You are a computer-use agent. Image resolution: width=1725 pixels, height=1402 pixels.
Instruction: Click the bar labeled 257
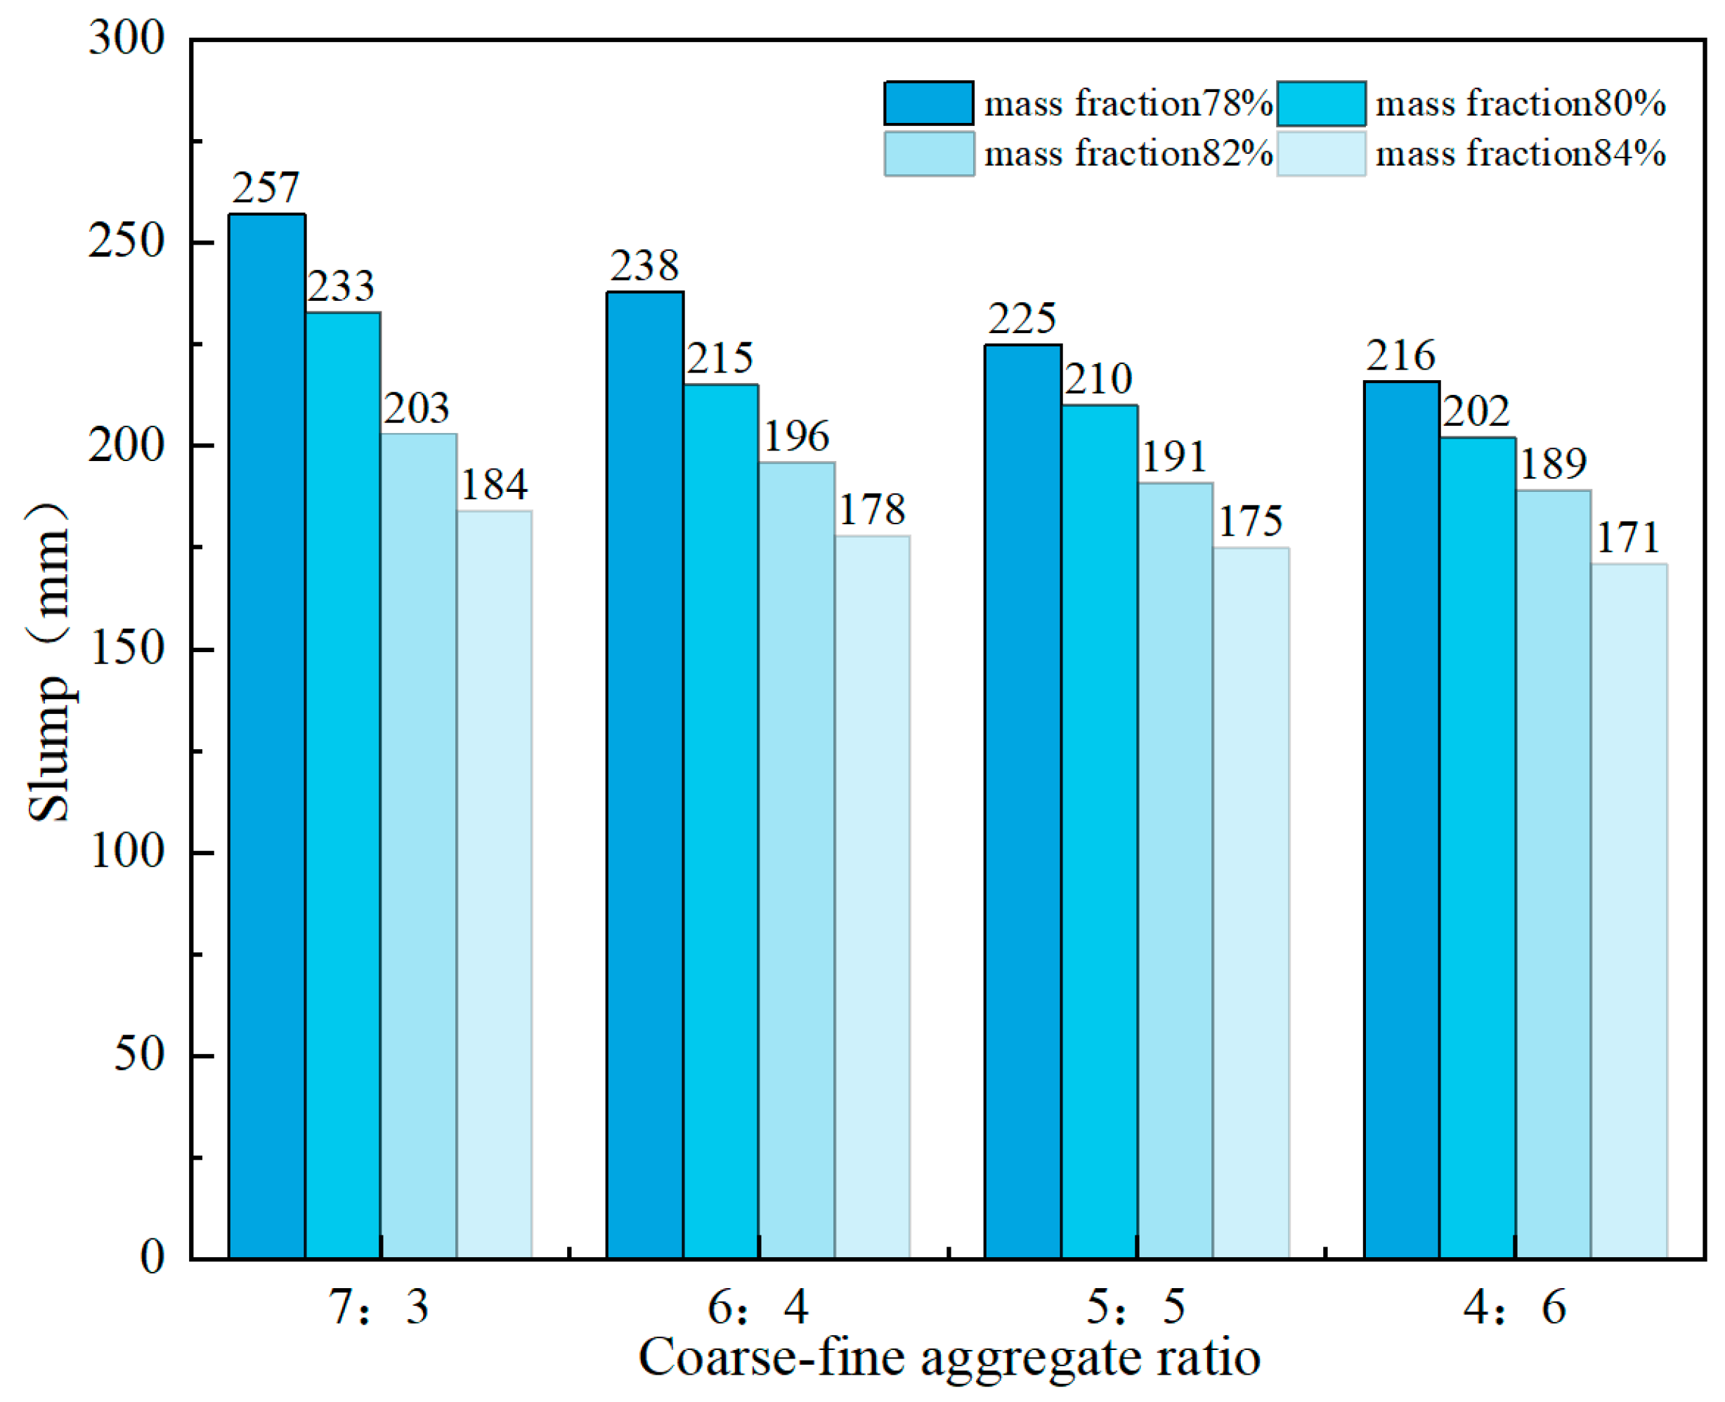point(266,735)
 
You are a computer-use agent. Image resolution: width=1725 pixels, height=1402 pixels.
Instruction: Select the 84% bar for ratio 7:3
point(494,883)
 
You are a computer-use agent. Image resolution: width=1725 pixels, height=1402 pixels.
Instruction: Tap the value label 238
point(644,266)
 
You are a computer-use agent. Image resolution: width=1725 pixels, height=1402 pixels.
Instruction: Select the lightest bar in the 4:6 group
point(1628,910)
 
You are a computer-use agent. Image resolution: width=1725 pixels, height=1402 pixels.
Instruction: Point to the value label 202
point(1476,412)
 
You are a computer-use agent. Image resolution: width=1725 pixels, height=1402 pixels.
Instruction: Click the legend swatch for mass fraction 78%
point(928,103)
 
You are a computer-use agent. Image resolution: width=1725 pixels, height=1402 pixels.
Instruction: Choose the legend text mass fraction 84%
point(1520,153)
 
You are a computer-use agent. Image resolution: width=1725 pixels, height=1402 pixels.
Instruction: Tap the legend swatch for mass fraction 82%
point(928,153)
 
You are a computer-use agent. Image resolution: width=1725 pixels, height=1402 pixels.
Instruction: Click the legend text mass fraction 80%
point(1520,103)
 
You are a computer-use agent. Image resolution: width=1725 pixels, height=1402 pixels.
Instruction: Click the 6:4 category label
point(757,1306)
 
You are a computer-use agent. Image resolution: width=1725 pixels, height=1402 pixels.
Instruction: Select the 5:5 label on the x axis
point(1135,1306)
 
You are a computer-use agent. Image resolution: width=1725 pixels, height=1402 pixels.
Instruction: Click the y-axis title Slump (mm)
point(48,662)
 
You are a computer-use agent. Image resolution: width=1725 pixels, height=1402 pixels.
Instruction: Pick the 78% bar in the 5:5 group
point(1022,800)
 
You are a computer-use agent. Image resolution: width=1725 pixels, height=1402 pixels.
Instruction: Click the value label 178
point(872,510)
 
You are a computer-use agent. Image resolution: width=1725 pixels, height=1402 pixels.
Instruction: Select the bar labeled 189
point(1552,873)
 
